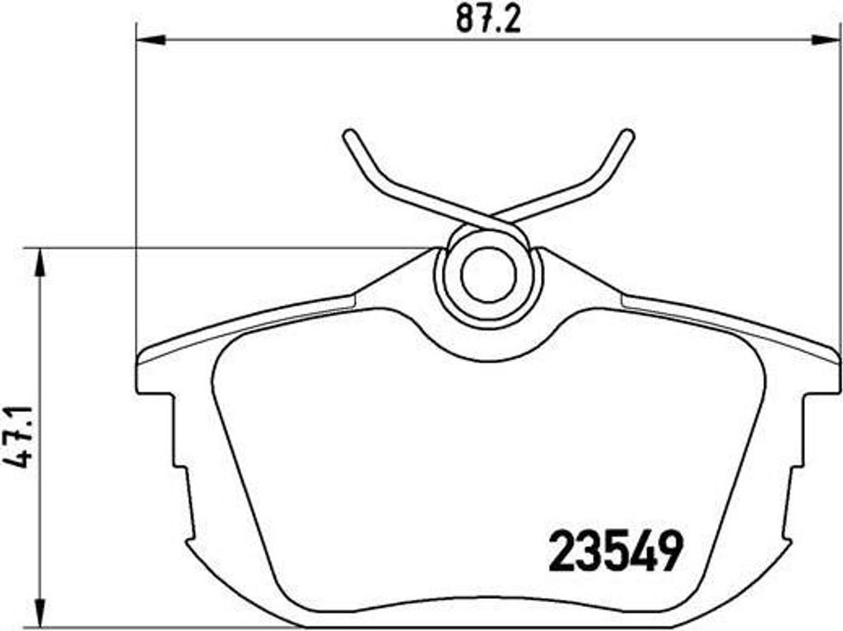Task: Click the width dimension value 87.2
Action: (489, 20)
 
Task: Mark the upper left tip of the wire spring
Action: (349, 135)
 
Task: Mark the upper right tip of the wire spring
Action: (628, 135)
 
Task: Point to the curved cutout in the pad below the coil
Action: (487, 350)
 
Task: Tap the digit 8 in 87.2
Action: (465, 20)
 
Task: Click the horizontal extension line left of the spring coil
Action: (231, 247)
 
